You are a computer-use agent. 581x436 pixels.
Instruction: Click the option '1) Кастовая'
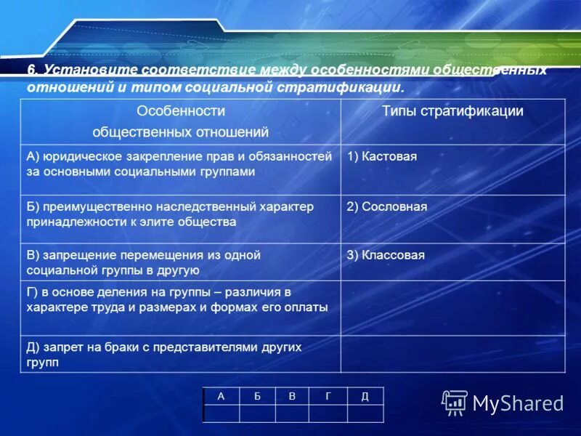[x=382, y=156]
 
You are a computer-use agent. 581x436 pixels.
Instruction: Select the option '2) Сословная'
[x=386, y=206]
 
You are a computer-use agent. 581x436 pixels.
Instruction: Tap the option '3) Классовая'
[x=386, y=255]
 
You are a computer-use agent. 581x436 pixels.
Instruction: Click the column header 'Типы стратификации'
[x=452, y=111]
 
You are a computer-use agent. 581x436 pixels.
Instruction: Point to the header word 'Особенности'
[x=181, y=111]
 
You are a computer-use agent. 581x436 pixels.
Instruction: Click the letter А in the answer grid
[x=220, y=396]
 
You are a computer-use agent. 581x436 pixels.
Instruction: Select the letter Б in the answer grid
[x=256, y=396]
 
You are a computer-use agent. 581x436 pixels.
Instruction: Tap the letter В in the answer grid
[x=292, y=396]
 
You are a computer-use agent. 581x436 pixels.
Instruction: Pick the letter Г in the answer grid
[x=328, y=396]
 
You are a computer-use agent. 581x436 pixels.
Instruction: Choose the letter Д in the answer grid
[x=365, y=396]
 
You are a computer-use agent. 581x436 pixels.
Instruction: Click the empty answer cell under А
[x=221, y=413]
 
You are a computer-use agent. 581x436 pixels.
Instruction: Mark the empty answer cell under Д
[x=365, y=413]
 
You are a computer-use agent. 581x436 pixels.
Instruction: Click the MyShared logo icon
[x=455, y=402]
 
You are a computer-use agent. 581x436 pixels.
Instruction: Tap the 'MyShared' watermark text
[x=518, y=403]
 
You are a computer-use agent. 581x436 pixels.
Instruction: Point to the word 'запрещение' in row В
[x=73, y=255]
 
